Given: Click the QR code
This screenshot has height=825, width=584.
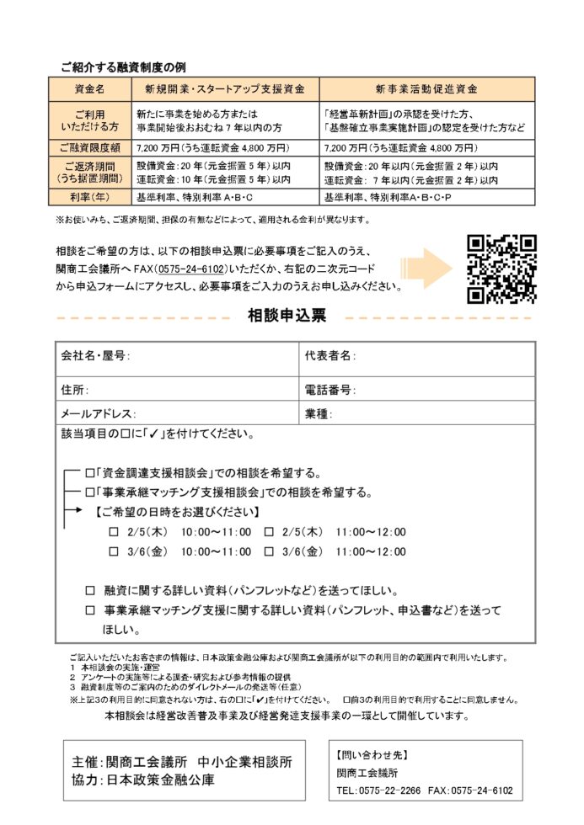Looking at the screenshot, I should (x=501, y=269).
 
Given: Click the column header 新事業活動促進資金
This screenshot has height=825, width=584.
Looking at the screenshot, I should (x=426, y=87).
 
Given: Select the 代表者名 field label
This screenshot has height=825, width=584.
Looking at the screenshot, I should (x=330, y=356).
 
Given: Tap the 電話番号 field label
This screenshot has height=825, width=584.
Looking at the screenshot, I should (x=330, y=391).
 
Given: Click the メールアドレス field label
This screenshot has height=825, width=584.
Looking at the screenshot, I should (x=98, y=414).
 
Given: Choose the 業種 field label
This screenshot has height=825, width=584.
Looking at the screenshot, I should (x=319, y=414).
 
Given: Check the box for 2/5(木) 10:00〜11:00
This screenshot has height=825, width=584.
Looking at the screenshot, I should (x=114, y=531).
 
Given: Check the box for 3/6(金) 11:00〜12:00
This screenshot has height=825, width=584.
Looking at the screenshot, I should (x=269, y=551).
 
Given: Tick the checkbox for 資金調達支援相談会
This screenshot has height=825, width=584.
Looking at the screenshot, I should (x=90, y=472).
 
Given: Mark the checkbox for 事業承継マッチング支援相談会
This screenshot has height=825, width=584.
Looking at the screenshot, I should (x=90, y=492).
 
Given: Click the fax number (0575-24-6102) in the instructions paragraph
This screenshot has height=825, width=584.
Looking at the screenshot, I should (x=189, y=269).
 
